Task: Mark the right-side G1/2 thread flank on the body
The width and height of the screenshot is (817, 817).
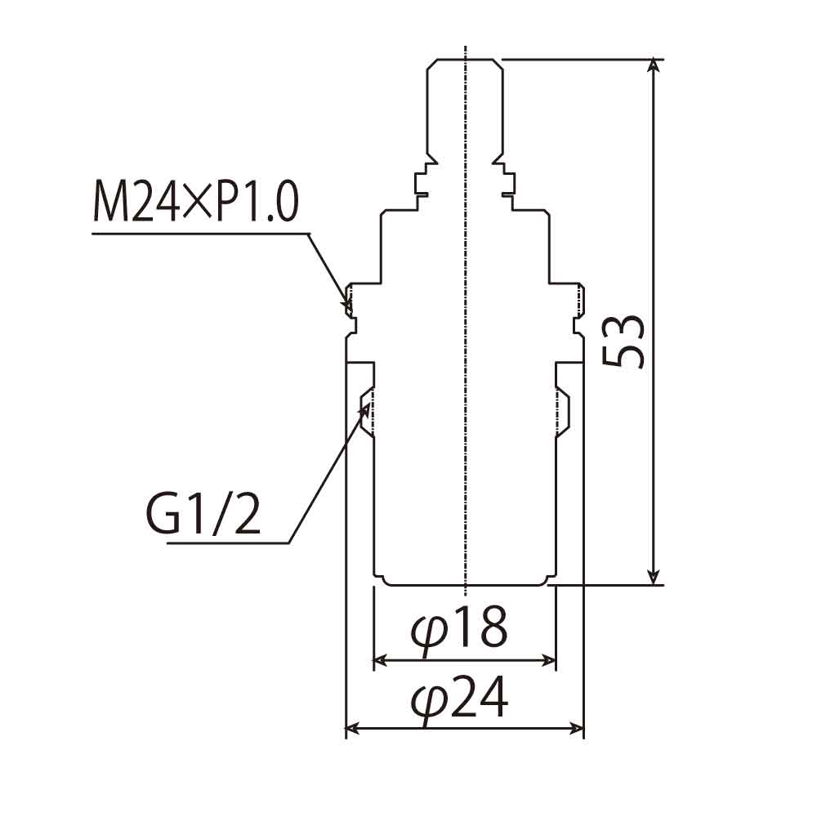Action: pyautogui.click(x=564, y=413)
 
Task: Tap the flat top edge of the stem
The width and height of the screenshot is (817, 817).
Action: pyautogui.click(x=466, y=60)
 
